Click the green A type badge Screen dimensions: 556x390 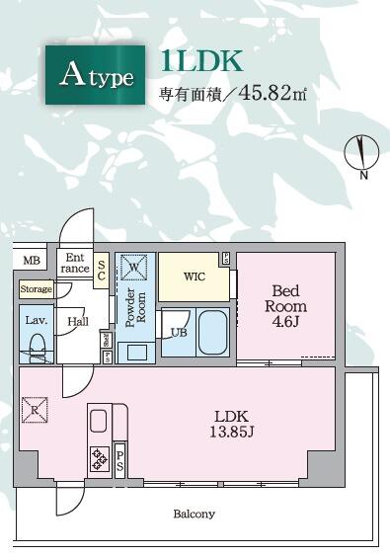point(97,74)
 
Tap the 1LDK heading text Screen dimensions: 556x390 point(201,60)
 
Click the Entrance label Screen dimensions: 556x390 point(75,263)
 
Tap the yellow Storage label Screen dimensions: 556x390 point(36,289)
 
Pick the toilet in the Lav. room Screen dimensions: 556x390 point(38,347)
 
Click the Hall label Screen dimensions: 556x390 point(77,321)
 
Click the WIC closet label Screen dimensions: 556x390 point(194,277)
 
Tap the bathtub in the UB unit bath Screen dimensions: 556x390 point(212,332)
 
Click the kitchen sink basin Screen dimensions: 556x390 point(99,421)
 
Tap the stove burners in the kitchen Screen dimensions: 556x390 point(101,457)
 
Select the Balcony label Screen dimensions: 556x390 point(194,514)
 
